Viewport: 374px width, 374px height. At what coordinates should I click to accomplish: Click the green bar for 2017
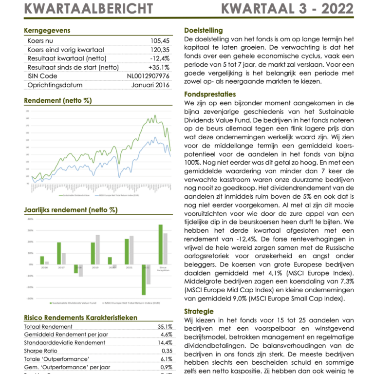59,253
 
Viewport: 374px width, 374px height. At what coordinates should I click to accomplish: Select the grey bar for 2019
97,250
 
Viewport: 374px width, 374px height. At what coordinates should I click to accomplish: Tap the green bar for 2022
144,280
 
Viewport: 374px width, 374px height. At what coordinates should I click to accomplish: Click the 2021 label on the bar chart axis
129,267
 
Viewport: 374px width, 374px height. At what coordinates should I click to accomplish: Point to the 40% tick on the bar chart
30,219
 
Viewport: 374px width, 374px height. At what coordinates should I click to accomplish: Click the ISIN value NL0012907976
148,76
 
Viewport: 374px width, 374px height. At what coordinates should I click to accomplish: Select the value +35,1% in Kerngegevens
159,67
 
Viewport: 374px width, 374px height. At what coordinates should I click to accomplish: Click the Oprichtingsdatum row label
55,85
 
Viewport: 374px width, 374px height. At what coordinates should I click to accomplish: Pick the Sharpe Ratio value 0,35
166,351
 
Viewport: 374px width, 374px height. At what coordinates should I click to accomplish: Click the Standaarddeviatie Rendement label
65,343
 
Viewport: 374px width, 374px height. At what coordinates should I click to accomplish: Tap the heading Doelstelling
204,30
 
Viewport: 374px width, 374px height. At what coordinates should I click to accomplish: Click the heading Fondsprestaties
210,94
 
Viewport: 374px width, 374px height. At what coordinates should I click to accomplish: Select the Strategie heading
199,311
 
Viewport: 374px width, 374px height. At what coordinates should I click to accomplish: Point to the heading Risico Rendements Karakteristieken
80,318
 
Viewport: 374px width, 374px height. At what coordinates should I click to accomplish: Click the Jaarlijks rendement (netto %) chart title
71,210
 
